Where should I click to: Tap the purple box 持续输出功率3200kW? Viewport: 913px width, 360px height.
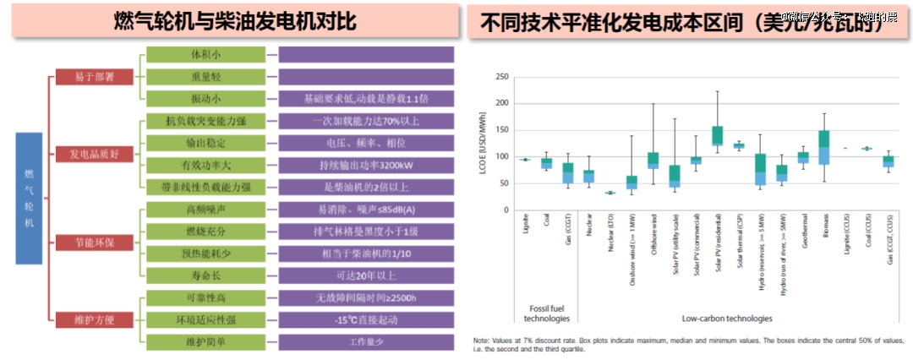pos(366,165)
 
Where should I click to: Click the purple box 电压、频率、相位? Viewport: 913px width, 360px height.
pos(366,143)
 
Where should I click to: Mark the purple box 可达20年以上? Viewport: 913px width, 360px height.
pos(366,275)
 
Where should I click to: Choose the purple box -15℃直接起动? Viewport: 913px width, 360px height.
pos(366,319)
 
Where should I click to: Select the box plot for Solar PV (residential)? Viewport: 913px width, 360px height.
pos(717,135)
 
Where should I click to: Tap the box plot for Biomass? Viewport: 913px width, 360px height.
pos(824,147)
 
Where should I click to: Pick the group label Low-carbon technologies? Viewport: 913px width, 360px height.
pos(726,319)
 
